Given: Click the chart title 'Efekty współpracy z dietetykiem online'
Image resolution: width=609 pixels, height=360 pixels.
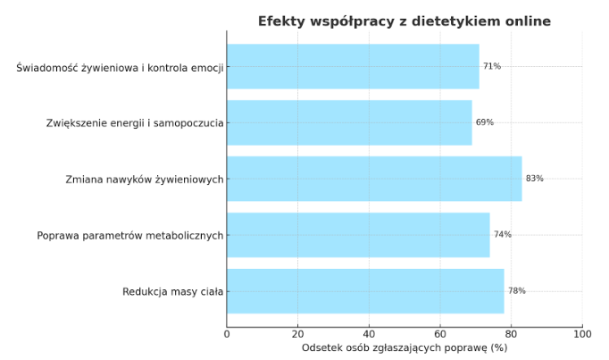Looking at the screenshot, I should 405,21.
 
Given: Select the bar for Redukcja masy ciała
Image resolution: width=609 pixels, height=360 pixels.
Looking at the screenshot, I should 365,291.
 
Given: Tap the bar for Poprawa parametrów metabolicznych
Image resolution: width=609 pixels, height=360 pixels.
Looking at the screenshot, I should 358,235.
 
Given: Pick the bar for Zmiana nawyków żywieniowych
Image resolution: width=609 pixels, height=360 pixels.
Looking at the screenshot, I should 374,179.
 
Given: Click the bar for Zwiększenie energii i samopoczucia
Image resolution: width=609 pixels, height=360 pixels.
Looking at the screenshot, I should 349,122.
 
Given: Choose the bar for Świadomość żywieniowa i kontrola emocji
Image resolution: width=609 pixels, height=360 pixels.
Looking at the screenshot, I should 353,66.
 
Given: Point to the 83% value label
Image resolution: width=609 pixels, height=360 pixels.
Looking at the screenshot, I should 534,179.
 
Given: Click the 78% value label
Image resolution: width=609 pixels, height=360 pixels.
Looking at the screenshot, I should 516,291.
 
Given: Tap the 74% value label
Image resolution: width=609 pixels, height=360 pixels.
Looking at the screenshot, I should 502,235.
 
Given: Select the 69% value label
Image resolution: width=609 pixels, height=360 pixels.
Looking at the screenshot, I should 485,122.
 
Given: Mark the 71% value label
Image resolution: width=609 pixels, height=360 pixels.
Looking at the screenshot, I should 492,66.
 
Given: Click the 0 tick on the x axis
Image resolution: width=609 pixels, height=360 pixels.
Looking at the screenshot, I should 227,334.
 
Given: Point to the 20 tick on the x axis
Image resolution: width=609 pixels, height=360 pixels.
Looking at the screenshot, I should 297,334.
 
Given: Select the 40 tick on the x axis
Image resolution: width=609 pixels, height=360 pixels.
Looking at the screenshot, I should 369,334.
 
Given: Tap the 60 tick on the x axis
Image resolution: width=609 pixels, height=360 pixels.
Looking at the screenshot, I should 440,334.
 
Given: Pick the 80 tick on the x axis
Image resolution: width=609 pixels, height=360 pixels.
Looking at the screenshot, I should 511,334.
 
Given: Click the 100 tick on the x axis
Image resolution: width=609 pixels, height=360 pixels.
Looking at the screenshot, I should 582,334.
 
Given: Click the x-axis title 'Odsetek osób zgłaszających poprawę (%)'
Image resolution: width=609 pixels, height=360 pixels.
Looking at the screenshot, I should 405,347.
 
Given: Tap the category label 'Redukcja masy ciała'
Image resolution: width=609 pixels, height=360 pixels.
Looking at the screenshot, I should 173,291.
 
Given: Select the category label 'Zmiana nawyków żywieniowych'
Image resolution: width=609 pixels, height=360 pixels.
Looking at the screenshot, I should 144,179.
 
